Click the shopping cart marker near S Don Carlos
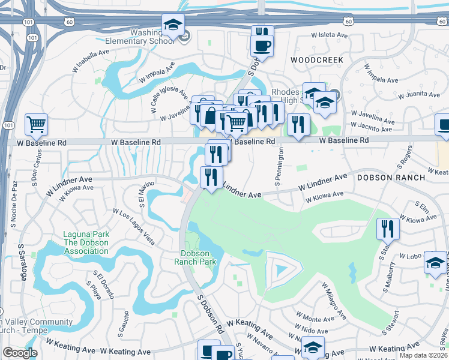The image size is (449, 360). click(x=37, y=125)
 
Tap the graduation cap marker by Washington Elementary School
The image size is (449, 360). click(x=173, y=25)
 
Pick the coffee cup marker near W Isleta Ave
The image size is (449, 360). click(x=261, y=45)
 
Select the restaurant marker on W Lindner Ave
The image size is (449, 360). click(x=211, y=177)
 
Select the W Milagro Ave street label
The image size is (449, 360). click(x=333, y=301)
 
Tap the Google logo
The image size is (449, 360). click(x=20, y=353)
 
